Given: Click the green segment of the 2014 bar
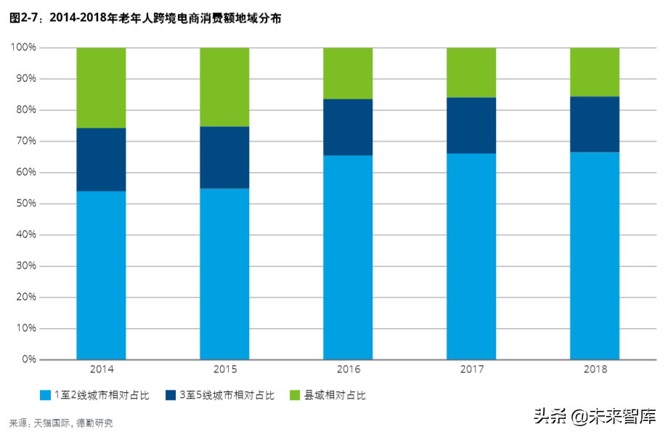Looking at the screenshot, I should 101,88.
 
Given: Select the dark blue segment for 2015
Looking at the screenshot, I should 224,158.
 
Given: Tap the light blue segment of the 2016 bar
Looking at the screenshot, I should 348,257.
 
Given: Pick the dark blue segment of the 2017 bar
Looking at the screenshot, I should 471,126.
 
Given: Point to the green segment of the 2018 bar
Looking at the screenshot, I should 595,72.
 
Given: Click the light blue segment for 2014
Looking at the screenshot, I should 101,275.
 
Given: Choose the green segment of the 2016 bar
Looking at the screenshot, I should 348,73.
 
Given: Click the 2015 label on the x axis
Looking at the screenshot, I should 224,369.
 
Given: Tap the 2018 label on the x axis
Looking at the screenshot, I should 595,369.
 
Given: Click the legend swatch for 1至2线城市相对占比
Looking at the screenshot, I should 45,396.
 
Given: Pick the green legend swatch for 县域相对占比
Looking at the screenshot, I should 295,396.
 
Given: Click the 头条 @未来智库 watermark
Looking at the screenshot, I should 595,417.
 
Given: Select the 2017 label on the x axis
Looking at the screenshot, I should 471,369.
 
